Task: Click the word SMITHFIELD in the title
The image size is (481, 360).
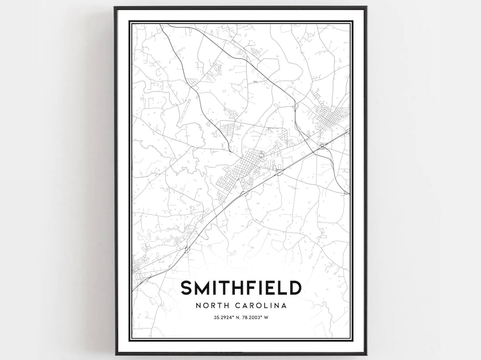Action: coord(241,288)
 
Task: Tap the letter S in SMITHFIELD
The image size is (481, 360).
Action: coord(186,288)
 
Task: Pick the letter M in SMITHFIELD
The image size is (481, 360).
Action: coord(202,288)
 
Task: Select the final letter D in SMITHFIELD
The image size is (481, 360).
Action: coord(294,288)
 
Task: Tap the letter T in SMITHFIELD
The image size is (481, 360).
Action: coord(226,288)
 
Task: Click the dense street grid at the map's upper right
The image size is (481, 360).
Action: coord(329,117)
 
